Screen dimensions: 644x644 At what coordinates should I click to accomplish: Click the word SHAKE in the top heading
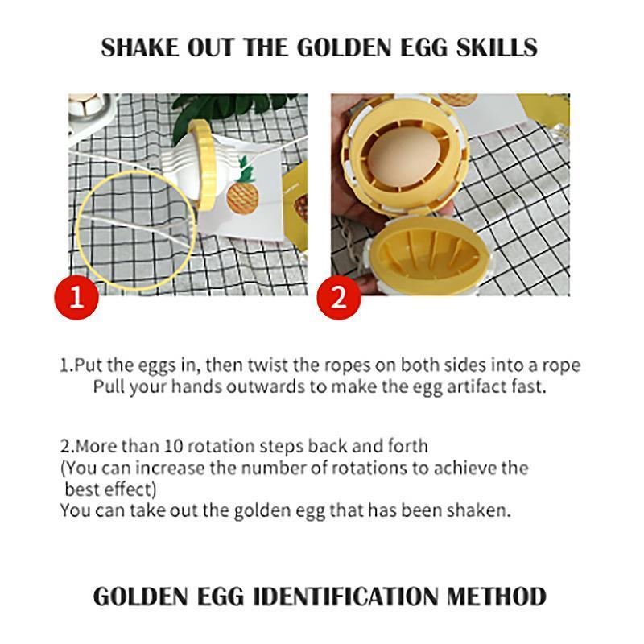click(140, 47)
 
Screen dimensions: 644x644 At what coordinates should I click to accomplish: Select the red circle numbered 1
click(76, 297)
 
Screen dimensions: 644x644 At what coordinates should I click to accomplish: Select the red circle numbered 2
click(339, 297)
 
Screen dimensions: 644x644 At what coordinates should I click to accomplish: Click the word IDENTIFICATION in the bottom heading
click(345, 596)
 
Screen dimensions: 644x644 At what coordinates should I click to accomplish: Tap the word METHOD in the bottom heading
click(496, 596)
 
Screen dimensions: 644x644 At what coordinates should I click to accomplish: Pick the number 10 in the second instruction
click(173, 446)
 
